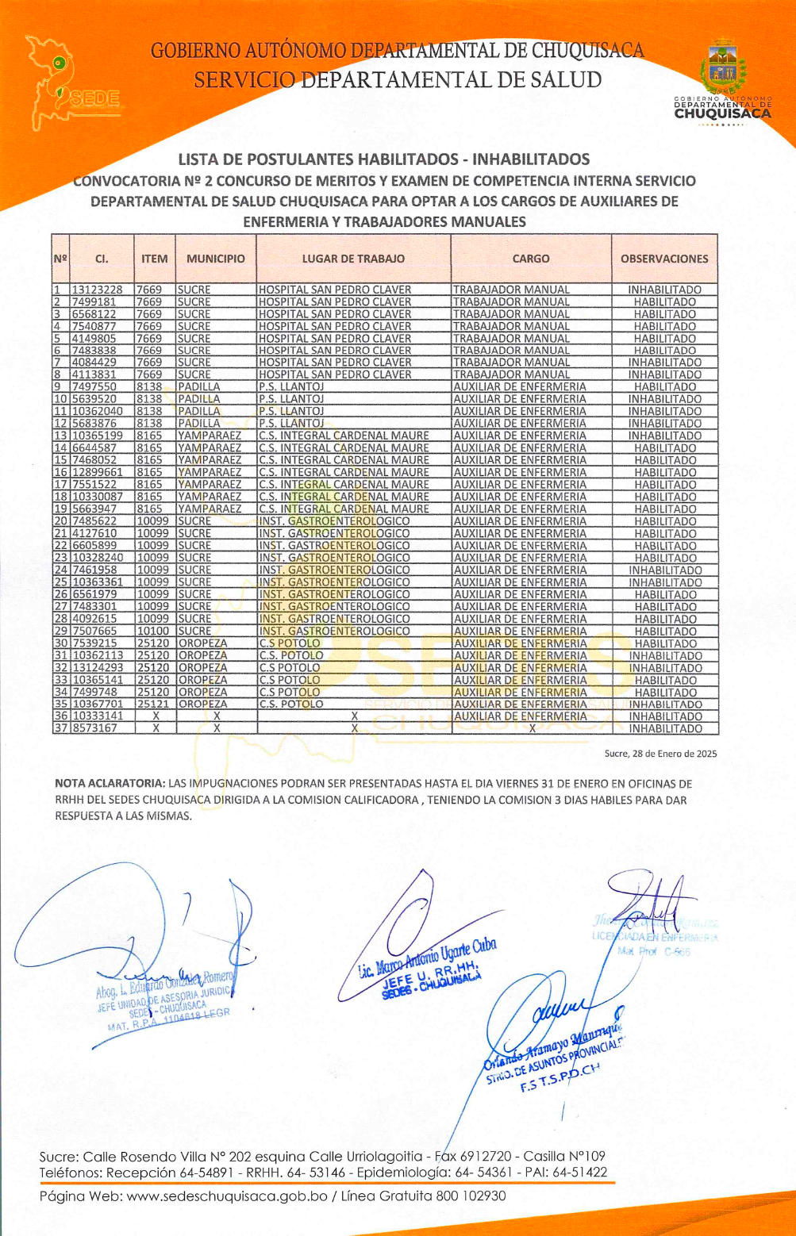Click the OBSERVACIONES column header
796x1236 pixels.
[x=664, y=259]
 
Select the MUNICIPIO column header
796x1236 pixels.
[x=216, y=259]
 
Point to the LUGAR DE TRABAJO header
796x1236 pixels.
[x=353, y=259]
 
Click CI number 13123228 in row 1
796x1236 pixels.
[x=98, y=290]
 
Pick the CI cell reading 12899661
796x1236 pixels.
[x=98, y=472]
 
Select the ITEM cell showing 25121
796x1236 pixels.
[x=153, y=704]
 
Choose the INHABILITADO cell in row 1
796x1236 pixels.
[x=664, y=290]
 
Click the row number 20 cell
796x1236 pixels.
[x=60, y=521]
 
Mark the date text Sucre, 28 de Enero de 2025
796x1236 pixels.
[x=660, y=753]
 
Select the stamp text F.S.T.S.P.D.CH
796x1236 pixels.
[x=560, y=1078]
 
